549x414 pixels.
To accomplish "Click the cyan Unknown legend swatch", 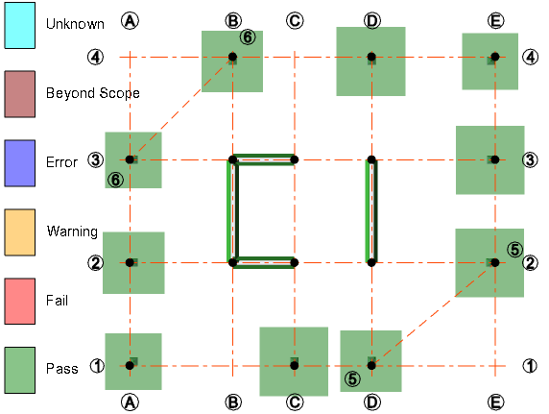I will [x=20, y=23].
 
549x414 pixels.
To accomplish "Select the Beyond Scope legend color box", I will [x=20, y=93].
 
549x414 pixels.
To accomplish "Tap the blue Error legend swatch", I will [x=20, y=162].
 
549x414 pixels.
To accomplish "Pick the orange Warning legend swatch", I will [x=20, y=231].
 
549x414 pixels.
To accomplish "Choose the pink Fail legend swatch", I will [x=20, y=301].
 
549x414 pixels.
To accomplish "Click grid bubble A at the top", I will [x=131, y=21].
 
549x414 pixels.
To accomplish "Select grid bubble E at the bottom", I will [x=495, y=402].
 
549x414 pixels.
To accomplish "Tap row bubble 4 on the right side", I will [x=530, y=57].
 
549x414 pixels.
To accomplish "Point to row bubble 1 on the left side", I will [x=96, y=365].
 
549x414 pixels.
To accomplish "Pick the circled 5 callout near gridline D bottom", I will [x=353, y=378].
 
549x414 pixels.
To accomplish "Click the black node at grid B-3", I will [x=233, y=159].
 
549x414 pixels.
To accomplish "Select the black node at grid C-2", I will [x=295, y=261].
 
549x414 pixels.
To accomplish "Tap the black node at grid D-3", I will [x=371, y=159].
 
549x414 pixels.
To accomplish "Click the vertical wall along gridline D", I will [x=371, y=210].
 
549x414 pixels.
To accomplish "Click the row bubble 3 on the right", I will [x=530, y=158].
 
